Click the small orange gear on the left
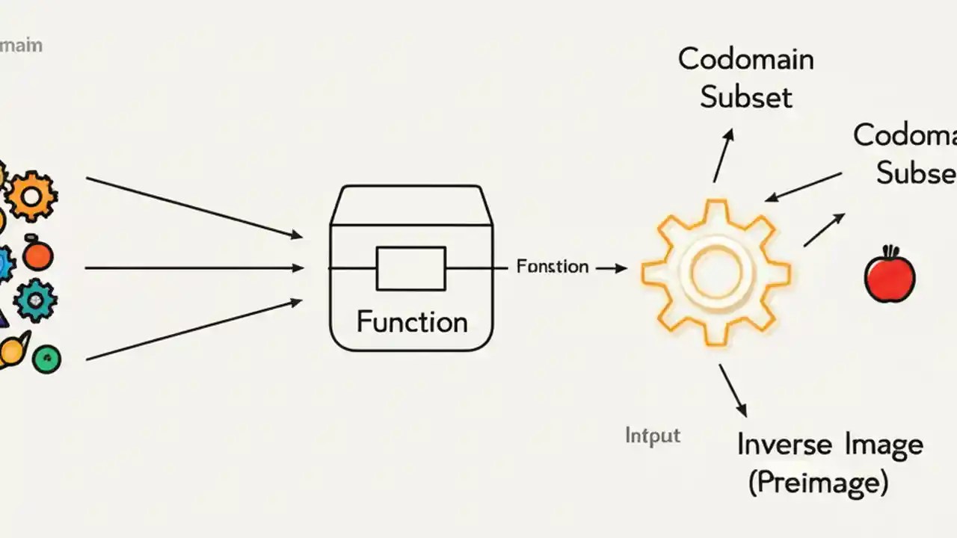point(31,196)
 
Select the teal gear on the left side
point(34,300)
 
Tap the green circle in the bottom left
point(46,359)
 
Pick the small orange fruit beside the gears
point(37,256)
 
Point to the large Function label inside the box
point(412,322)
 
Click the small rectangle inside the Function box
point(410,268)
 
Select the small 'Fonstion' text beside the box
point(553,267)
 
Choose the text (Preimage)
point(819,483)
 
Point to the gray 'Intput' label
point(653,435)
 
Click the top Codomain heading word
point(745,59)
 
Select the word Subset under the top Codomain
point(745,98)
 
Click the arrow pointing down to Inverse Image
point(733,390)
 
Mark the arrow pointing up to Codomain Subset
point(723,155)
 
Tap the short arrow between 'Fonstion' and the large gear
point(611,268)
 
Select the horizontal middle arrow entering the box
point(194,268)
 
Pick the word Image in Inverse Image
point(884,445)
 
